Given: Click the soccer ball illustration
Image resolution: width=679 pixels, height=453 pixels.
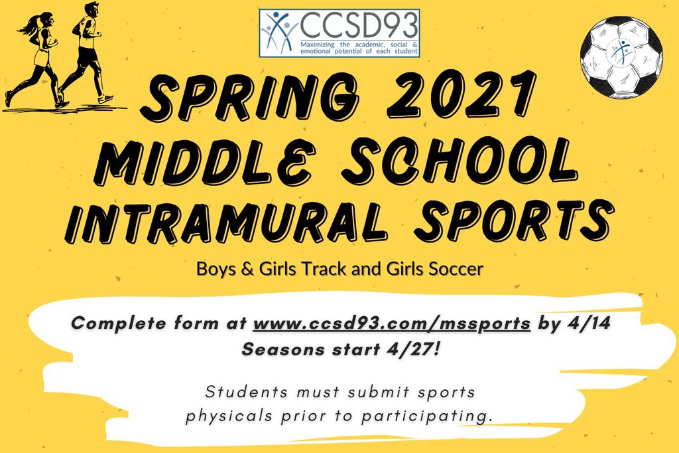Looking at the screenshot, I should coord(621,54).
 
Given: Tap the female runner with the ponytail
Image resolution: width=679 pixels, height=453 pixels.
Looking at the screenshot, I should coord(36,56).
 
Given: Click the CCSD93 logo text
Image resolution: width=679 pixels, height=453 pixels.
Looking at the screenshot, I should coord(358,25).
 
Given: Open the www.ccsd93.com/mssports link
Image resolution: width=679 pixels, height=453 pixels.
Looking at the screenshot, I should coord(392,325).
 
